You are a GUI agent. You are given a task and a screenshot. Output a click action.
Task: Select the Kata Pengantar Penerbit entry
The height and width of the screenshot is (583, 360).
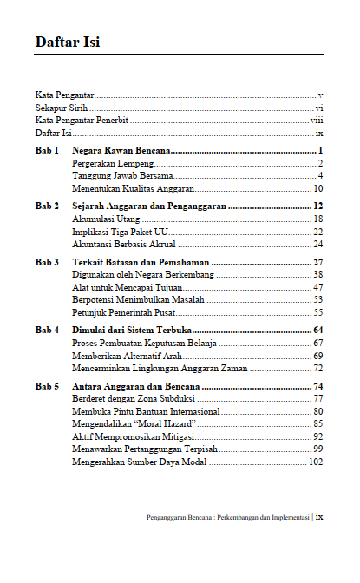point(75,121)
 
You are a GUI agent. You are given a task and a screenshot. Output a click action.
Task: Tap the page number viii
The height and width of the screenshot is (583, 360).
point(317,121)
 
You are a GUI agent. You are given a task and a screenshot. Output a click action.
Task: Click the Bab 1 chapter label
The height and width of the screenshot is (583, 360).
point(47,151)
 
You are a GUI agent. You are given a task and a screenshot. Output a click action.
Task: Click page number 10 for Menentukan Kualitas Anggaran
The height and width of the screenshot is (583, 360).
point(318,187)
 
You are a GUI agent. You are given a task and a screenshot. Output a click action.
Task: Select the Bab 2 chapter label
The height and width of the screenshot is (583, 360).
point(47,206)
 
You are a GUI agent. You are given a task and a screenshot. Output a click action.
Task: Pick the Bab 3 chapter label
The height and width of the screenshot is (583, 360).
point(47,261)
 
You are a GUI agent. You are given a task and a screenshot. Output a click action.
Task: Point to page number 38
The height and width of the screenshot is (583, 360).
point(318,274)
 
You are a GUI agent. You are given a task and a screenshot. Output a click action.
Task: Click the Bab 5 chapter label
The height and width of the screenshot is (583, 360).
point(47,385)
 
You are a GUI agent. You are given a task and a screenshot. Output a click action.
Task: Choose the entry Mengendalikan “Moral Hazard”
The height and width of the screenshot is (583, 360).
point(134,423)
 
